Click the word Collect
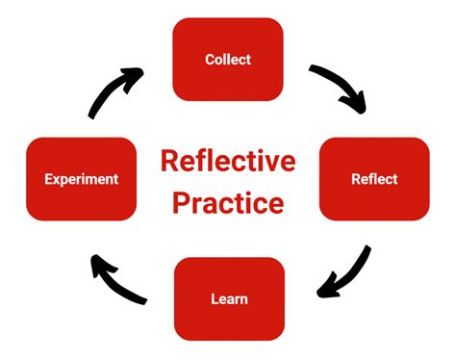point(228,60)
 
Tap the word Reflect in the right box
point(374,179)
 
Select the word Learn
point(229,298)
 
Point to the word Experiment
point(82,179)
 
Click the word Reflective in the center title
point(228,160)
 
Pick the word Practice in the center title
point(228,203)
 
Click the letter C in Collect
point(210,60)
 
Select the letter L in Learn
point(215,298)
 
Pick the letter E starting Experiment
point(49,179)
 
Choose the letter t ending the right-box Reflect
point(394,179)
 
